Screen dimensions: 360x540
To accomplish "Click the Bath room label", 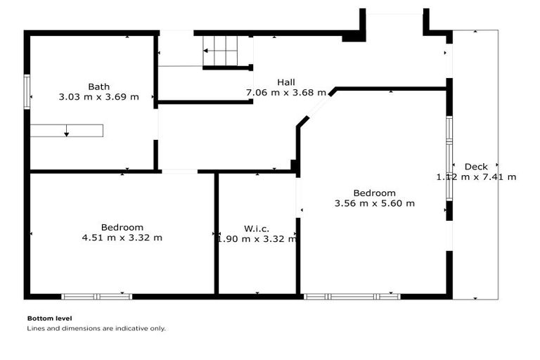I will (x=98, y=87).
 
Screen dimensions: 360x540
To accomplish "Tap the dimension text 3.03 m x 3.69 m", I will (x=98, y=97).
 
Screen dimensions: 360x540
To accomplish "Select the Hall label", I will (x=285, y=82).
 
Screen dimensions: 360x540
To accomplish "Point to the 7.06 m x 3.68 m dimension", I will (x=285, y=92).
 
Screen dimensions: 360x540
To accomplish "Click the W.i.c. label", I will (x=257, y=229).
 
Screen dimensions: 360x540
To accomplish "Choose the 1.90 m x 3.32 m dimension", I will (x=257, y=239).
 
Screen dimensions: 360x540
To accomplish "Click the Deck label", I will (x=476, y=167).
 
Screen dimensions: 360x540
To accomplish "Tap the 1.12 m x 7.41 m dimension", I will (x=476, y=177).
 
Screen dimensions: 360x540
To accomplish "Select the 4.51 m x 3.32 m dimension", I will (x=122, y=238).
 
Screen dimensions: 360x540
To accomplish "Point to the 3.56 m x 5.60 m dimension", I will (x=374, y=204).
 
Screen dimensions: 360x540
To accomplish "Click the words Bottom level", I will (x=49, y=318).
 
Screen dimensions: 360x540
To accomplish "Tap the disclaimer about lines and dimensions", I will (x=96, y=328).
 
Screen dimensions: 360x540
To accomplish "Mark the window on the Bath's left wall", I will (x=27, y=91).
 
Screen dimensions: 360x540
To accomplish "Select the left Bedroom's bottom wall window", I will (x=96, y=297).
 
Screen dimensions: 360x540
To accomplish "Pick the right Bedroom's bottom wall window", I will (x=352, y=297).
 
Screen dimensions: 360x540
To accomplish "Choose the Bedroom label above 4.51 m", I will (x=122, y=227).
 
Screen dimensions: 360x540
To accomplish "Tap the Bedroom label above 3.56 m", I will (x=374, y=193).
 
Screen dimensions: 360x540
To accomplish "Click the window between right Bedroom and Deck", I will (x=449, y=159).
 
